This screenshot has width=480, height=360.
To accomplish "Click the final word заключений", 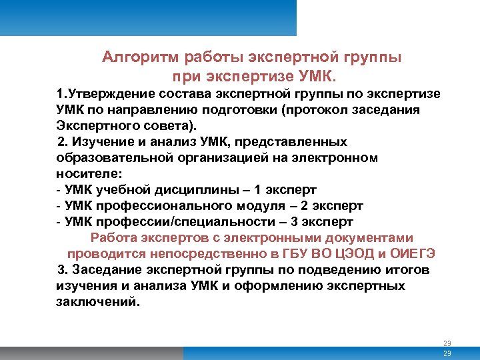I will (99, 302).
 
